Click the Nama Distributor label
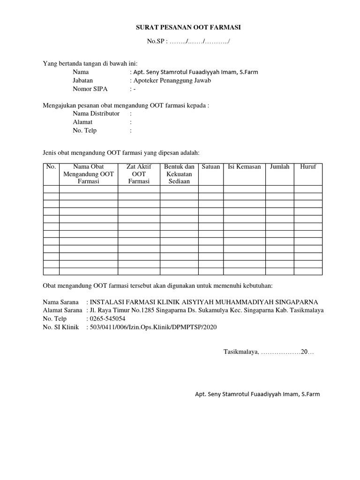(96, 113)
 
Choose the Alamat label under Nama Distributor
(82, 122)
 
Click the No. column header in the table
(51, 167)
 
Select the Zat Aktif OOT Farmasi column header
(138, 174)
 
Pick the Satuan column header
(210, 167)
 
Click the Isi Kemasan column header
(244, 167)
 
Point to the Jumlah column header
(280, 167)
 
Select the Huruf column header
(308, 167)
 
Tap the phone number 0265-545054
(107, 318)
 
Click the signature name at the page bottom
(257, 394)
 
